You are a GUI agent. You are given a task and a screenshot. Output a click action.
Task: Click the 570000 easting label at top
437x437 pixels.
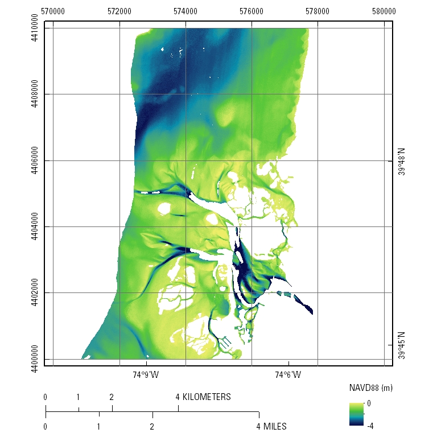coord(53,11)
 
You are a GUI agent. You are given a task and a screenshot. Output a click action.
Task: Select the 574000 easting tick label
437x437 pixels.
coord(185,11)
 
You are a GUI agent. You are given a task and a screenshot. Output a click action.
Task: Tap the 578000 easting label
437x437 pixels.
coord(318,11)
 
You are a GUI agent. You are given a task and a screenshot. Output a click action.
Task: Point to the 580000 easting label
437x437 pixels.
coord(384,11)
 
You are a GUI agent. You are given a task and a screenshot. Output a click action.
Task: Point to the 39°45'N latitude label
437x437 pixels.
coord(402,345)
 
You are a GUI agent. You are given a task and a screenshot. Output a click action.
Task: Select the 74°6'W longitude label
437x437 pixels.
coord(288,375)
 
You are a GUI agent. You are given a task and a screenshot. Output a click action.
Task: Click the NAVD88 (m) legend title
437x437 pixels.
coord(370,387)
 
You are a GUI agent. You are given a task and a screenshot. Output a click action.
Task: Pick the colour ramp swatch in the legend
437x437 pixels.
coord(356,414)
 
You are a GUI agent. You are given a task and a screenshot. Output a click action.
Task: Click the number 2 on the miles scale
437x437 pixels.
coord(152,426)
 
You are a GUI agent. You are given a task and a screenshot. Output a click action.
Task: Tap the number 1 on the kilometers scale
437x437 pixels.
coord(79,397)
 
